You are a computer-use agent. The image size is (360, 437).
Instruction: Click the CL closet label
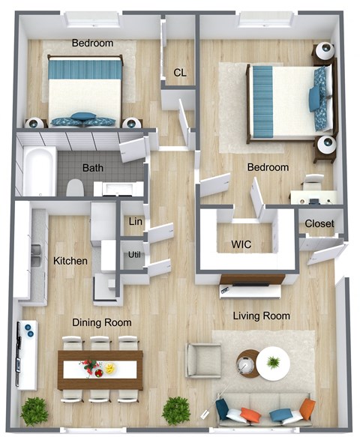click(180, 73)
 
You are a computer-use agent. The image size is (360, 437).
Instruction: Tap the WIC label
click(241, 244)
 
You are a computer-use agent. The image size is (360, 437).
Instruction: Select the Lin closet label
click(136, 222)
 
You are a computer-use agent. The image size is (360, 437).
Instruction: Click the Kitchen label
click(70, 261)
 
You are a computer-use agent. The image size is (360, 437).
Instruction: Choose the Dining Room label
click(102, 322)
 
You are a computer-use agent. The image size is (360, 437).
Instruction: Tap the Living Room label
click(261, 316)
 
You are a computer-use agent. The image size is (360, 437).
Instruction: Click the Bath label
click(93, 168)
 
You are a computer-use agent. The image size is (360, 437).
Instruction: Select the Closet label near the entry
click(319, 223)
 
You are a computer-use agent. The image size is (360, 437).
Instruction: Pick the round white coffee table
click(273, 364)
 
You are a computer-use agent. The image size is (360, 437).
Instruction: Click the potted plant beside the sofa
click(176, 410)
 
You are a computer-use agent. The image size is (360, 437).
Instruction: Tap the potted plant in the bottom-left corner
click(34, 411)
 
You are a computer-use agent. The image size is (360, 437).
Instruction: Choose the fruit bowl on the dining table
click(111, 369)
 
